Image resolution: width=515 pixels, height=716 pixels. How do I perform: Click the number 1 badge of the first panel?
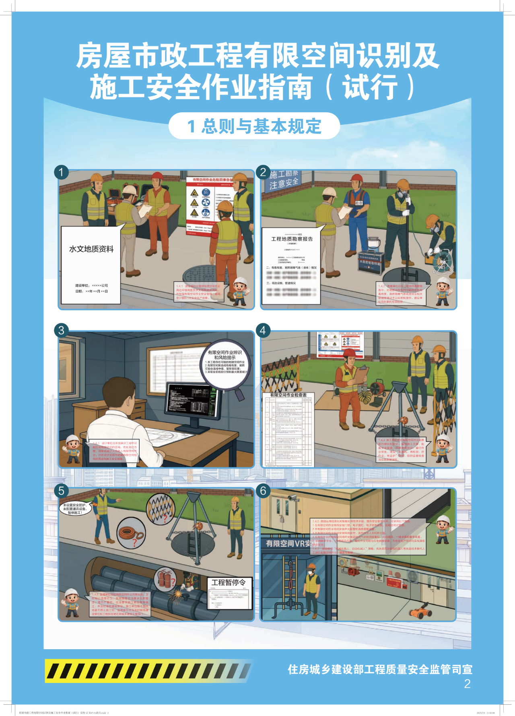coord(61,172)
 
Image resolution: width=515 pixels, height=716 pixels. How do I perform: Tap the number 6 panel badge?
coord(263,491)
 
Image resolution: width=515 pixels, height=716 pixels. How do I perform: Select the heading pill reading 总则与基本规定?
coord(254,126)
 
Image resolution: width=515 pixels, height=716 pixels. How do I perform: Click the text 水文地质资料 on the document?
coord(91,249)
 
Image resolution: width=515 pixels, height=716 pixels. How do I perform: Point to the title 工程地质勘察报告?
coord(292,239)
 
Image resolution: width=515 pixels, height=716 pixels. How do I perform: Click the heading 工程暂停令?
coord(229,582)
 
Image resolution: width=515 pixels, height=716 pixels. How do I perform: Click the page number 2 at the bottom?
coord(467,684)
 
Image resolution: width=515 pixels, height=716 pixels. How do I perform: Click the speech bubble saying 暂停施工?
coord(75,509)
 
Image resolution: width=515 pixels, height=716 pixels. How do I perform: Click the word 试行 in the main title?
coord(370,87)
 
